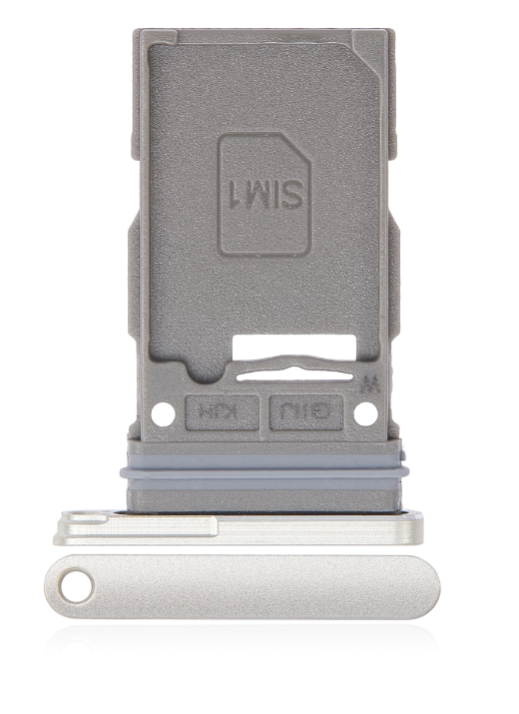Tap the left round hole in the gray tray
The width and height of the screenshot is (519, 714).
[157, 411]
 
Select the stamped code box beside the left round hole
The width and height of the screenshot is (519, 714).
[211, 410]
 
